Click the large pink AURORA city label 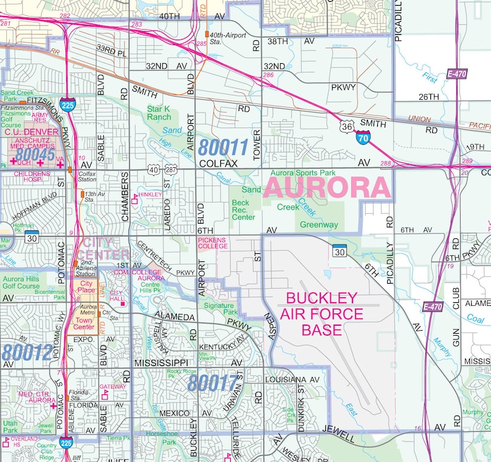click(328, 187)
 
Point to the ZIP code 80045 click(36, 154)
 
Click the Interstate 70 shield click(363, 137)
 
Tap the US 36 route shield click(346, 126)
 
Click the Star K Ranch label click(159, 113)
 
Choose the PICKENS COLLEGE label click(213, 242)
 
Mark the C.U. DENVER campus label click(30, 132)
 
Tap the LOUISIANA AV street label click(291, 379)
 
